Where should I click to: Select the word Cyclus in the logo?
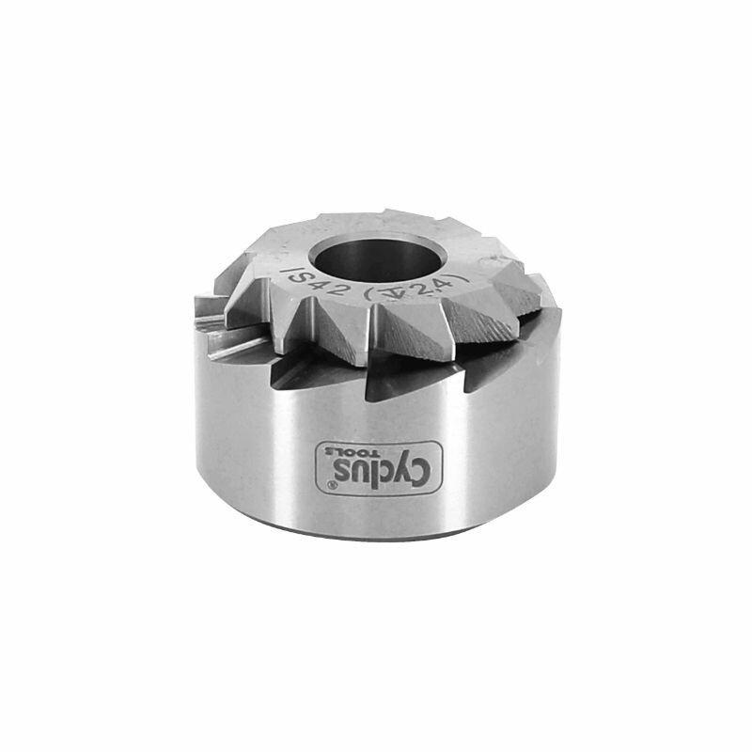366,463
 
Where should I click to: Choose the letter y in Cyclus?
387,466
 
